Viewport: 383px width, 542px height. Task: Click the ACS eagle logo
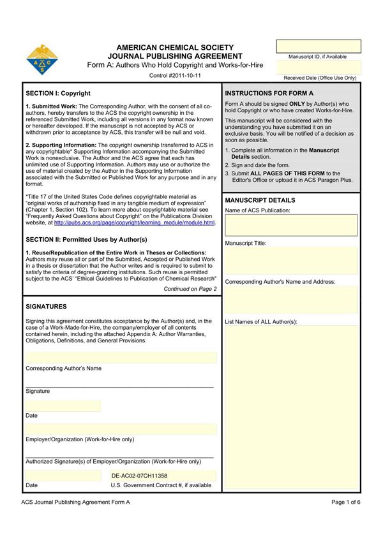[x=41, y=60]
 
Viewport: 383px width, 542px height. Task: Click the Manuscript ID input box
[x=318, y=46]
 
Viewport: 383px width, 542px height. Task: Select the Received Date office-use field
[x=318, y=67]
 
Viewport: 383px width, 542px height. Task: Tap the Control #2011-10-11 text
[x=174, y=75]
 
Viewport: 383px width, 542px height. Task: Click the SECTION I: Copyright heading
[x=58, y=93]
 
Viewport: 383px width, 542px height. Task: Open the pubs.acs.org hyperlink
[x=134, y=223]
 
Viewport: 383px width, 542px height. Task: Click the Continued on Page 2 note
[x=190, y=289]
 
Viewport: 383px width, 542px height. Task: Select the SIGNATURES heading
[x=46, y=307]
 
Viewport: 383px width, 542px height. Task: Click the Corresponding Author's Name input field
[x=121, y=357]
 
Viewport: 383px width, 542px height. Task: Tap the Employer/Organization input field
[x=121, y=429]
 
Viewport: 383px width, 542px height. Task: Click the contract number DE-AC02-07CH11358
[x=139, y=476]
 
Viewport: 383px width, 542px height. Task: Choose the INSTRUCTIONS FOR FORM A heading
[x=269, y=93]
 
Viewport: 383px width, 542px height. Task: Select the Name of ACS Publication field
[x=291, y=225]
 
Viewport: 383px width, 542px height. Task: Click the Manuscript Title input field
[x=291, y=261]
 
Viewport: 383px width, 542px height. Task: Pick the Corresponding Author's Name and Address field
[x=291, y=300]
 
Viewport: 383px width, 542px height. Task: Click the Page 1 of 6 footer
[x=346, y=502]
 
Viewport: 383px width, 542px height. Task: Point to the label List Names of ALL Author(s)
[x=261, y=321]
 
